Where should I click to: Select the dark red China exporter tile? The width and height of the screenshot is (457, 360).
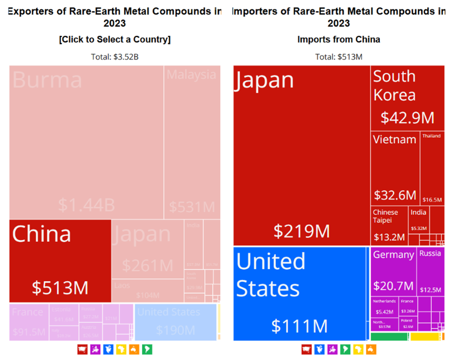click(60, 261)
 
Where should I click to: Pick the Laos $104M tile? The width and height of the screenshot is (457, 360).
click(148, 290)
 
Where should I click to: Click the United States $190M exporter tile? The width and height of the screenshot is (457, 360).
click(175, 321)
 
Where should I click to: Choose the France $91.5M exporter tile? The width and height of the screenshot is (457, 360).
click(29, 321)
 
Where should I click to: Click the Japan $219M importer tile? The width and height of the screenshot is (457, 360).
click(301, 156)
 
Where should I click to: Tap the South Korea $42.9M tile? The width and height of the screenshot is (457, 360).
click(406, 98)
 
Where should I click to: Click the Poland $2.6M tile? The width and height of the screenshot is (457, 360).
click(406, 324)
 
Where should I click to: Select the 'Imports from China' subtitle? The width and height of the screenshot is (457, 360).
click(338, 40)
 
